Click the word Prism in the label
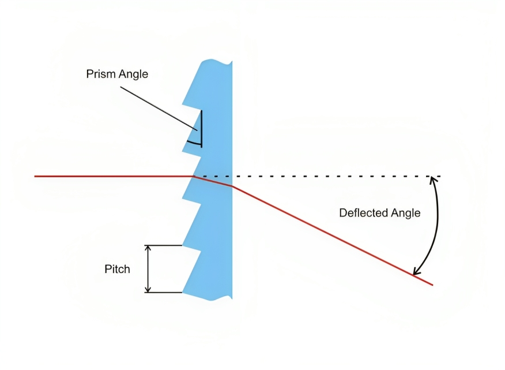point(101,74)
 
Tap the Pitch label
point(117,269)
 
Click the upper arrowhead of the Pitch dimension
point(148,249)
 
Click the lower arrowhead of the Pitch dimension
point(148,289)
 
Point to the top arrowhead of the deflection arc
point(432,181)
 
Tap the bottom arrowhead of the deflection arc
point(416,271)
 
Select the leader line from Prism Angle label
point(156,106)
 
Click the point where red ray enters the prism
point(193,176)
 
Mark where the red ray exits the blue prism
point(232,186)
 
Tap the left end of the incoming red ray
point(36,176)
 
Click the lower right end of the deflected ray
point(432,284)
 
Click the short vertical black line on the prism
point(202,128)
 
